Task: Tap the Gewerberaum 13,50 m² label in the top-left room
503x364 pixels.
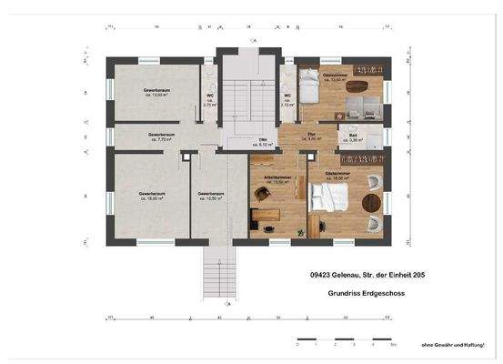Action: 157,94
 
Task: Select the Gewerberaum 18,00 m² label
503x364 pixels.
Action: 152,197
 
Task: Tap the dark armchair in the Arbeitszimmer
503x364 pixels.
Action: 262,195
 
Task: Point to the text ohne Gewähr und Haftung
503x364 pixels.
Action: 452,344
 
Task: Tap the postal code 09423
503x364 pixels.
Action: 319,274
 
